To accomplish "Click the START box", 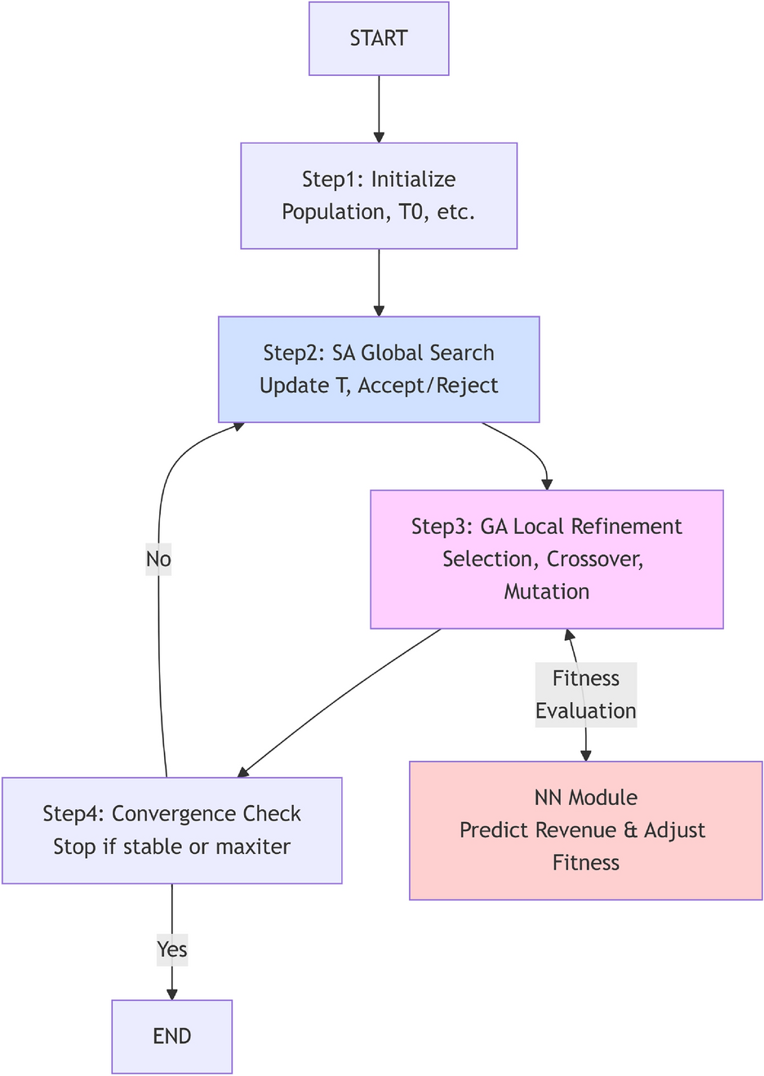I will click(x=379, y=38).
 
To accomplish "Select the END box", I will click(x=171, y=1036).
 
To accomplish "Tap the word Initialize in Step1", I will click(x=413, y=180).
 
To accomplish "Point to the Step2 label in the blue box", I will click(x=293, y=353).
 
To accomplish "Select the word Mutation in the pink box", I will click(x=546, y=592).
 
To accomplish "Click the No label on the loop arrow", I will click(x=158, y=559).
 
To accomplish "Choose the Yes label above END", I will click(x=172, y=949).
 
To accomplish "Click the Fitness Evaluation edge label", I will click(x=585, y=695).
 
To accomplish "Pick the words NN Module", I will click(x=585, y=798).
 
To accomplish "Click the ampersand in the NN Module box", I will click(x=630, y=830).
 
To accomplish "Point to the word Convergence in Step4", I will click(x=206, y=814).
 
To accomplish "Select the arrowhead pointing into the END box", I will click(x=171, y=994).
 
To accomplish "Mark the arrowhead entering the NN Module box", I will click(x=585, y=755).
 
